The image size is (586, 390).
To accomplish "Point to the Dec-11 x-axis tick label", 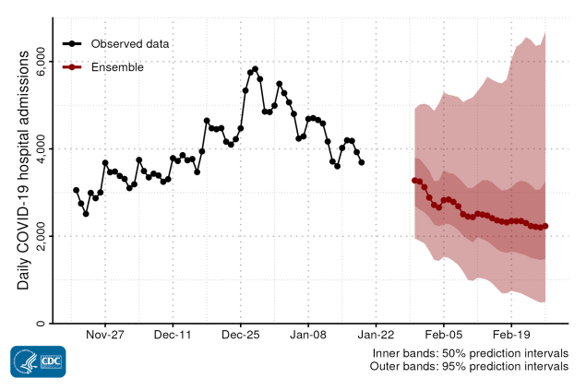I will (173, 336).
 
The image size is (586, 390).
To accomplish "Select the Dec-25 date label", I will (240, 336).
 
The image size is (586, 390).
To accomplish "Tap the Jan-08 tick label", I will (308, 336).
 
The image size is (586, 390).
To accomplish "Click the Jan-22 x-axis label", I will (376, 336).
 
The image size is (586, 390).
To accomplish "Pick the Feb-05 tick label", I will (443, 336).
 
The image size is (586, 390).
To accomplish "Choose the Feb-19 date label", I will (511, 336).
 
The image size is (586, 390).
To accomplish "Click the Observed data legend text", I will (130, 43).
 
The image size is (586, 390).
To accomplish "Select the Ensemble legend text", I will (117, 66).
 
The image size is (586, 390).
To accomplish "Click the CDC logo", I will (37, 361).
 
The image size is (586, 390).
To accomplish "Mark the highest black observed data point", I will (255, 68).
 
